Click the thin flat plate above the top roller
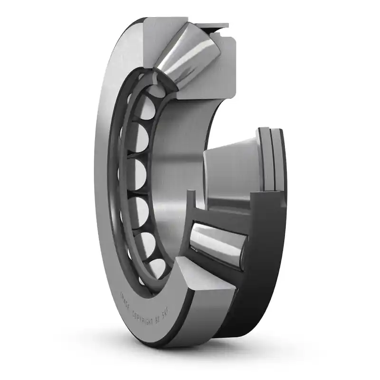coord(209,26)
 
